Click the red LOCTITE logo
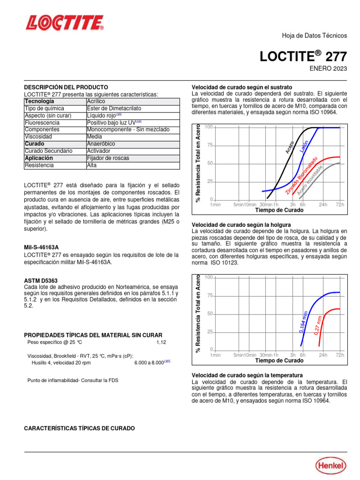(65, 22)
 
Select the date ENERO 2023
(328, 68)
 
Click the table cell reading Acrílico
(96, 101)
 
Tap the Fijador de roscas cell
(108, 158)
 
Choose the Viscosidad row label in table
(40, 136)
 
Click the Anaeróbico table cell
(101, 143)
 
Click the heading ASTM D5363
(41, 280)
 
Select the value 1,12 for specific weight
(161, 342)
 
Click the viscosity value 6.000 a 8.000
(149, 363)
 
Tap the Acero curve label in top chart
(290, 147)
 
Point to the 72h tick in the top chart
(340, 204)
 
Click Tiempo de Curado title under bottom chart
(279, 361)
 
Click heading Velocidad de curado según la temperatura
(247, 375)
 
